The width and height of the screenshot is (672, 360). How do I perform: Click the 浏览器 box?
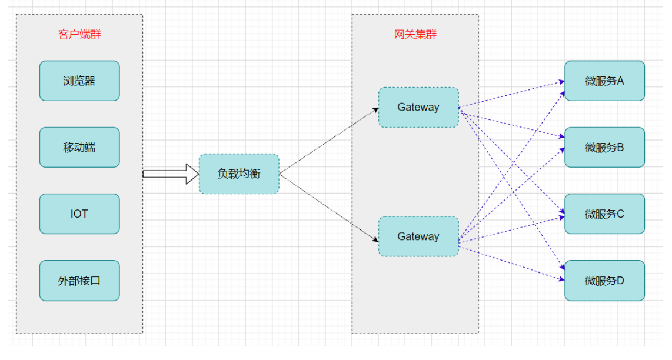(79, 81)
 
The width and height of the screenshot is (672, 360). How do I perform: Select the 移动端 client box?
(79, 148)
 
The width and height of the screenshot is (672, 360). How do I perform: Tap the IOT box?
(79, 214)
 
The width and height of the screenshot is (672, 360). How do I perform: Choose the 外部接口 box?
(79, 281)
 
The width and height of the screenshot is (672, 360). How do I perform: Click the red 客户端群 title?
(79, 34)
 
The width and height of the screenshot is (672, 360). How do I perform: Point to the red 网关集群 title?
(415, 34)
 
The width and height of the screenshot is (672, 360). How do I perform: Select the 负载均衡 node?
(239, 174)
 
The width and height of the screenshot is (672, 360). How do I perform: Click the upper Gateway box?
(418, 107)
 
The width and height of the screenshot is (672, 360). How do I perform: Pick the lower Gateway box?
(418, 236)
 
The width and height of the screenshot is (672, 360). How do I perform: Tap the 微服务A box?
(604, 81)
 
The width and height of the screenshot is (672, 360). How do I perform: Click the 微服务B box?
(604, 148)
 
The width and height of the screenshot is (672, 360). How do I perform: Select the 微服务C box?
(604, 214)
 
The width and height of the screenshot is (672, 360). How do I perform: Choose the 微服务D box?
(604, 281)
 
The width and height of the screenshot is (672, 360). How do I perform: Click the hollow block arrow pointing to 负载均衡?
(171, 174)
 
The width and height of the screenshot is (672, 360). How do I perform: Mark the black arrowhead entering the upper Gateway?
(375, 109)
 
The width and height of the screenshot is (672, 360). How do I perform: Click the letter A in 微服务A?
(620, 81)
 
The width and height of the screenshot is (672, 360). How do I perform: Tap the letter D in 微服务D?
(620, 281)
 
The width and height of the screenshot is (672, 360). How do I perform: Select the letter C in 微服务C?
(620, 214)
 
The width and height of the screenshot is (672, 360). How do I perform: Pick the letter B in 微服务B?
(620, 148)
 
